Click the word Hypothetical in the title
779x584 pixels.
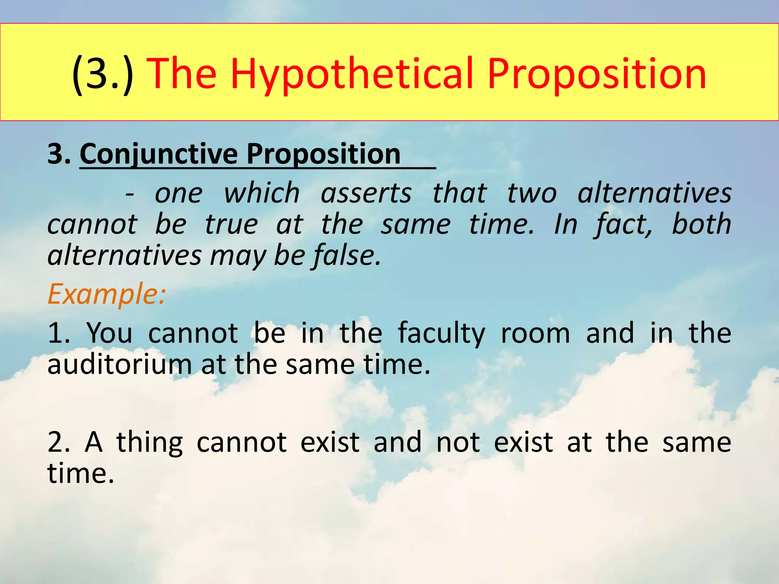coord(352,74)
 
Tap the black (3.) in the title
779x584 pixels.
coord(103,74)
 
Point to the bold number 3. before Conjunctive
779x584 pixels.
coord(59,154)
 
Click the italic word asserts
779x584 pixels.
coord(366,193)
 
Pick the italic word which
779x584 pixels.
coord(262,193)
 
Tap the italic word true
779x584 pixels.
coord(231,224)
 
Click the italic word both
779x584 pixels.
coord(701,224)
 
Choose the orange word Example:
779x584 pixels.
coord(107,294)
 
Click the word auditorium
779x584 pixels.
coord(119,365)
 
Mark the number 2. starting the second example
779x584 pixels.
coord(59,443)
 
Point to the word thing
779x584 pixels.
coord(149,443)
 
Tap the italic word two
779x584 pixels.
coord(532,193)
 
